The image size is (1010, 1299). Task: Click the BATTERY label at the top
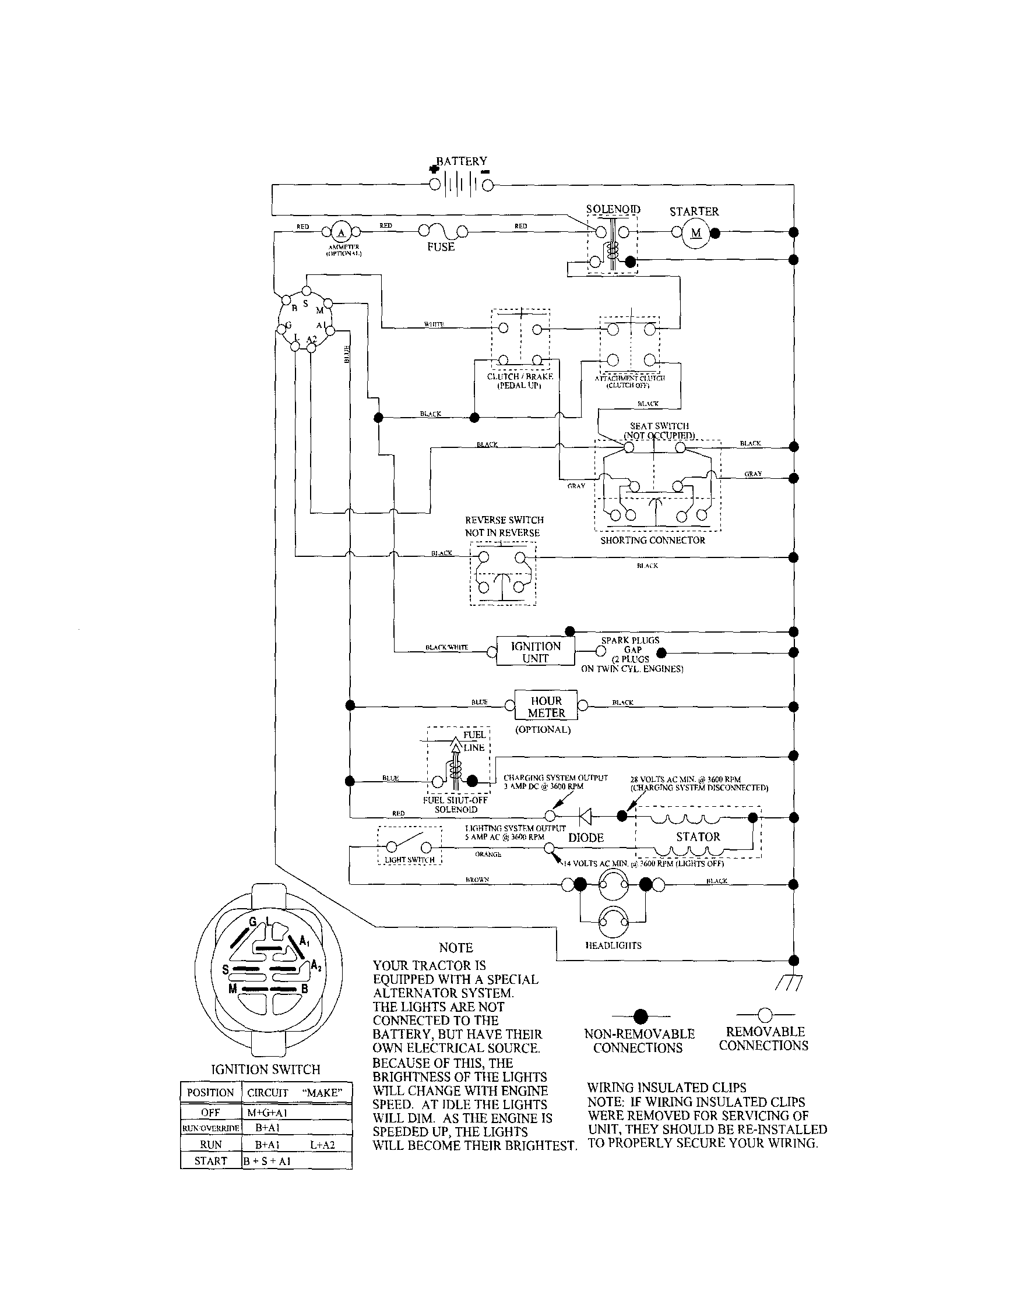[x=461, y=161]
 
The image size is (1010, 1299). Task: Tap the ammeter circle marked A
[x=341, y=232]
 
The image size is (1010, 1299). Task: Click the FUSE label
[x=441, y=247]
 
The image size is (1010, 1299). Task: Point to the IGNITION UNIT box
[x=536, y=652]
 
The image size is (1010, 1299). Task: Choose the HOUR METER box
[x=546, y=707]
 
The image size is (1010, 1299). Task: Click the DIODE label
[x=586, y=838]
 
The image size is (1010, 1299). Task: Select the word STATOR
[x=698, y=837]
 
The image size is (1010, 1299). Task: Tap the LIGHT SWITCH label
[x=410, y=859]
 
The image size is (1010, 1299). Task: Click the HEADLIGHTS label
[x=614, y=945]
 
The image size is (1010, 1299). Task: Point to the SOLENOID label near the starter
[x=613, y=209]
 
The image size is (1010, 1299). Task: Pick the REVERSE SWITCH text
[x=504, y=520]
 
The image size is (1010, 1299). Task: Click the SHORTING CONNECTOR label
[x=652, y=540]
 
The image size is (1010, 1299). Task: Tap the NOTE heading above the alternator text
[x=455, y=948]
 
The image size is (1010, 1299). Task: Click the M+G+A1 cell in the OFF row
[x=268, y=1113]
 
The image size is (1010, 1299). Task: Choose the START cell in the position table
[x=211, y=1161]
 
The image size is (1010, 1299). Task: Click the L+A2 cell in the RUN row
[x=322, y=1145]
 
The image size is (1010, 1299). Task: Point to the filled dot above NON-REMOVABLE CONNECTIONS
[x=641, y=1015]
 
